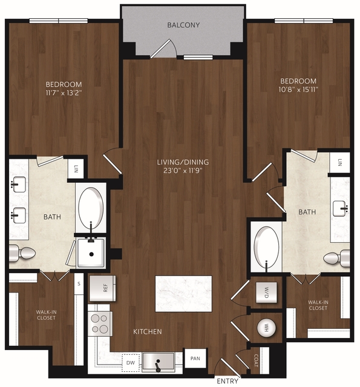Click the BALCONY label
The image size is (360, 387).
183,25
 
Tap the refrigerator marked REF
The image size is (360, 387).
102,288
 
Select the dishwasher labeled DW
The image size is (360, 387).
131,363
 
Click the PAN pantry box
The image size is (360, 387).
195,358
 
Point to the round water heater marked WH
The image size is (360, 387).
266,328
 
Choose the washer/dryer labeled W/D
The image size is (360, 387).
266,293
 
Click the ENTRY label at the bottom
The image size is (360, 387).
227,381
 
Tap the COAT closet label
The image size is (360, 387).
256,360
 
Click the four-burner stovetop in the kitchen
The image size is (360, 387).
100,323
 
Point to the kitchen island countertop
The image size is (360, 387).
183,294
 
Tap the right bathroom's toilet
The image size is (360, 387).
336,258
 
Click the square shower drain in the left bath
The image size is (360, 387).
91,254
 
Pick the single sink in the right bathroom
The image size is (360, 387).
340,209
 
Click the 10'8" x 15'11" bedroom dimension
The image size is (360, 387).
298,90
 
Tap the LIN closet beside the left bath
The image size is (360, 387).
76,168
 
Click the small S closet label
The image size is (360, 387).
79,283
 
